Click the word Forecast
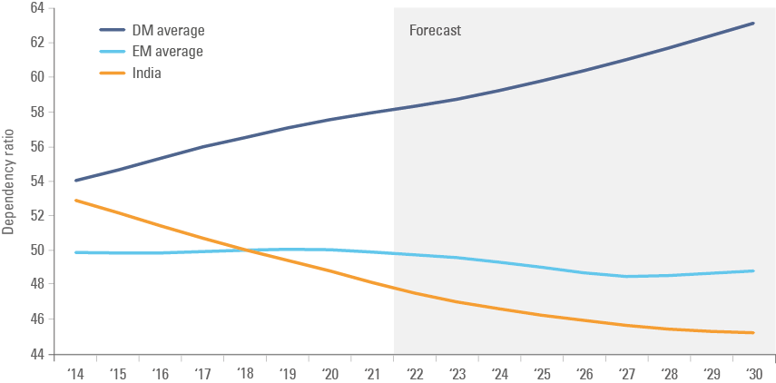tap(435, 30)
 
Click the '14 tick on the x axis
tap(76, 373)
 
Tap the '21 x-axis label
tap(373, 373)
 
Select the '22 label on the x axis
tap(416, 373)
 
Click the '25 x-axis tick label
tap(543, 373)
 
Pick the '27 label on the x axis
tap(627, 373)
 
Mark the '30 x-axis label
tap(754, 373)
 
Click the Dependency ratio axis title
tap(9, 182)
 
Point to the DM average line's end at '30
tap(754, 23)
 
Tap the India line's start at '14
tap(76, 200)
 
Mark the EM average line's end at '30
tap(754, 270)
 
